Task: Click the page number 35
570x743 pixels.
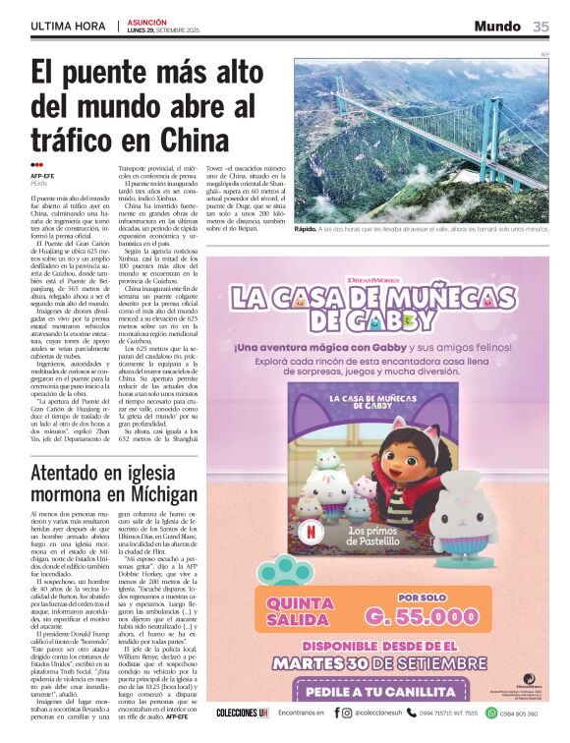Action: (x=541, y=27)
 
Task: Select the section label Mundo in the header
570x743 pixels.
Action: (x=497, y=27)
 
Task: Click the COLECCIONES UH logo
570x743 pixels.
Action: (x=242, y=713)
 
